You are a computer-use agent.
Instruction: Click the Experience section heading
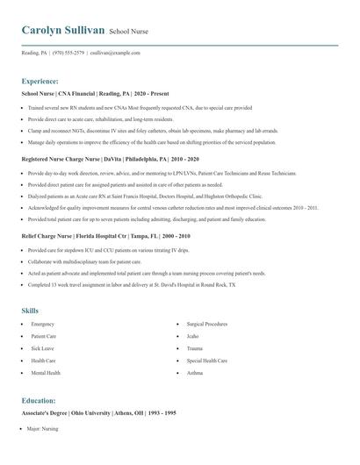pos(40,80)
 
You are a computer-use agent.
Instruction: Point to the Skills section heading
pos(30,311)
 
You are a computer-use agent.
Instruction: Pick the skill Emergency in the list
pos(42,325)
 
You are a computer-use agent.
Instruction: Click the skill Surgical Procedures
pos(207,325)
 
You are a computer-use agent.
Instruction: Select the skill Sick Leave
pos(43,348)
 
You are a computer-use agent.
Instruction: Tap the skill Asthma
pos(194,373)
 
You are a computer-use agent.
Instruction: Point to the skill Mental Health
pos(46,373)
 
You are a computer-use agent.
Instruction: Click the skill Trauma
pos(195,348)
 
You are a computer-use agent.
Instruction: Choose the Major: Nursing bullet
pos(42,429)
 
